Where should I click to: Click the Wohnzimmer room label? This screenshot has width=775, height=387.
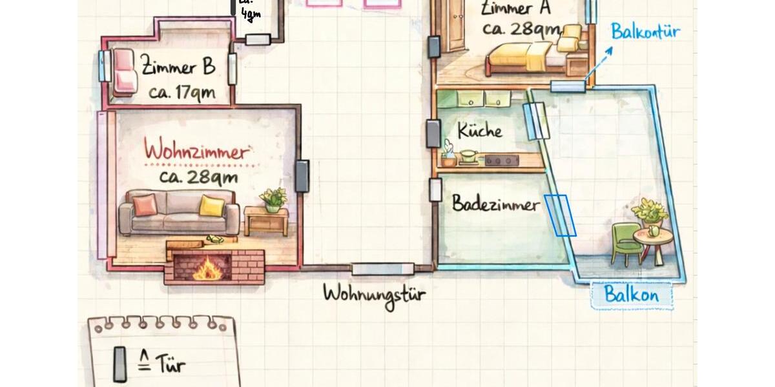click(196, 152)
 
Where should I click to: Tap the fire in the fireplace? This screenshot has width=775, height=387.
click(206, 268)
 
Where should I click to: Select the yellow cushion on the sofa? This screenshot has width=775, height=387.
click(212, 206)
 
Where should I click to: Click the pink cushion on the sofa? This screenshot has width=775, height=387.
click(145, 204)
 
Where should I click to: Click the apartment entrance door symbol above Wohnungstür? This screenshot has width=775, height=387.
click(382, 268)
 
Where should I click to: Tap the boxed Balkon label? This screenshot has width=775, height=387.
click(632, 295)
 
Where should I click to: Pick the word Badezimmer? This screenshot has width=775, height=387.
click(495, 204)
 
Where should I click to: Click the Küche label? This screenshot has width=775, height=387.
click(479, 131)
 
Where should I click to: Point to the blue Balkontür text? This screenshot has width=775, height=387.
click(645, 32)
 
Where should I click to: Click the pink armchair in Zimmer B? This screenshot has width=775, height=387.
click(124, 71)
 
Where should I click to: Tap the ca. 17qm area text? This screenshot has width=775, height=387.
click(181, 93)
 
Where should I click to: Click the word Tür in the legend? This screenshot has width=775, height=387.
click(170, 365)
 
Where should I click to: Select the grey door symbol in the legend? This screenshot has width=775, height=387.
click(120, 364)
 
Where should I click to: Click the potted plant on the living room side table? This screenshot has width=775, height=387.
click(273, 199)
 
